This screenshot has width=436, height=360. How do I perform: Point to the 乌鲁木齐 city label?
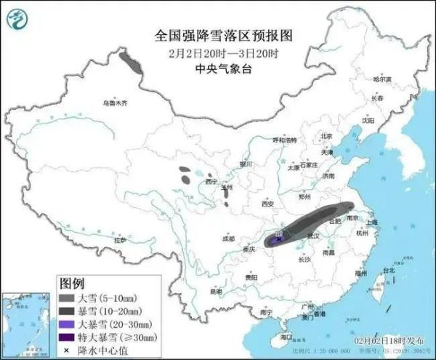point(115,103)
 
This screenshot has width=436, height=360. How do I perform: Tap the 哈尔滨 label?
point(381,79)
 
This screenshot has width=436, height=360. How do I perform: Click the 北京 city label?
point(325,136)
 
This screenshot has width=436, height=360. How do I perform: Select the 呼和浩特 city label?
point(284,139)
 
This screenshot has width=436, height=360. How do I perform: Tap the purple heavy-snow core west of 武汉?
point(280,234)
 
